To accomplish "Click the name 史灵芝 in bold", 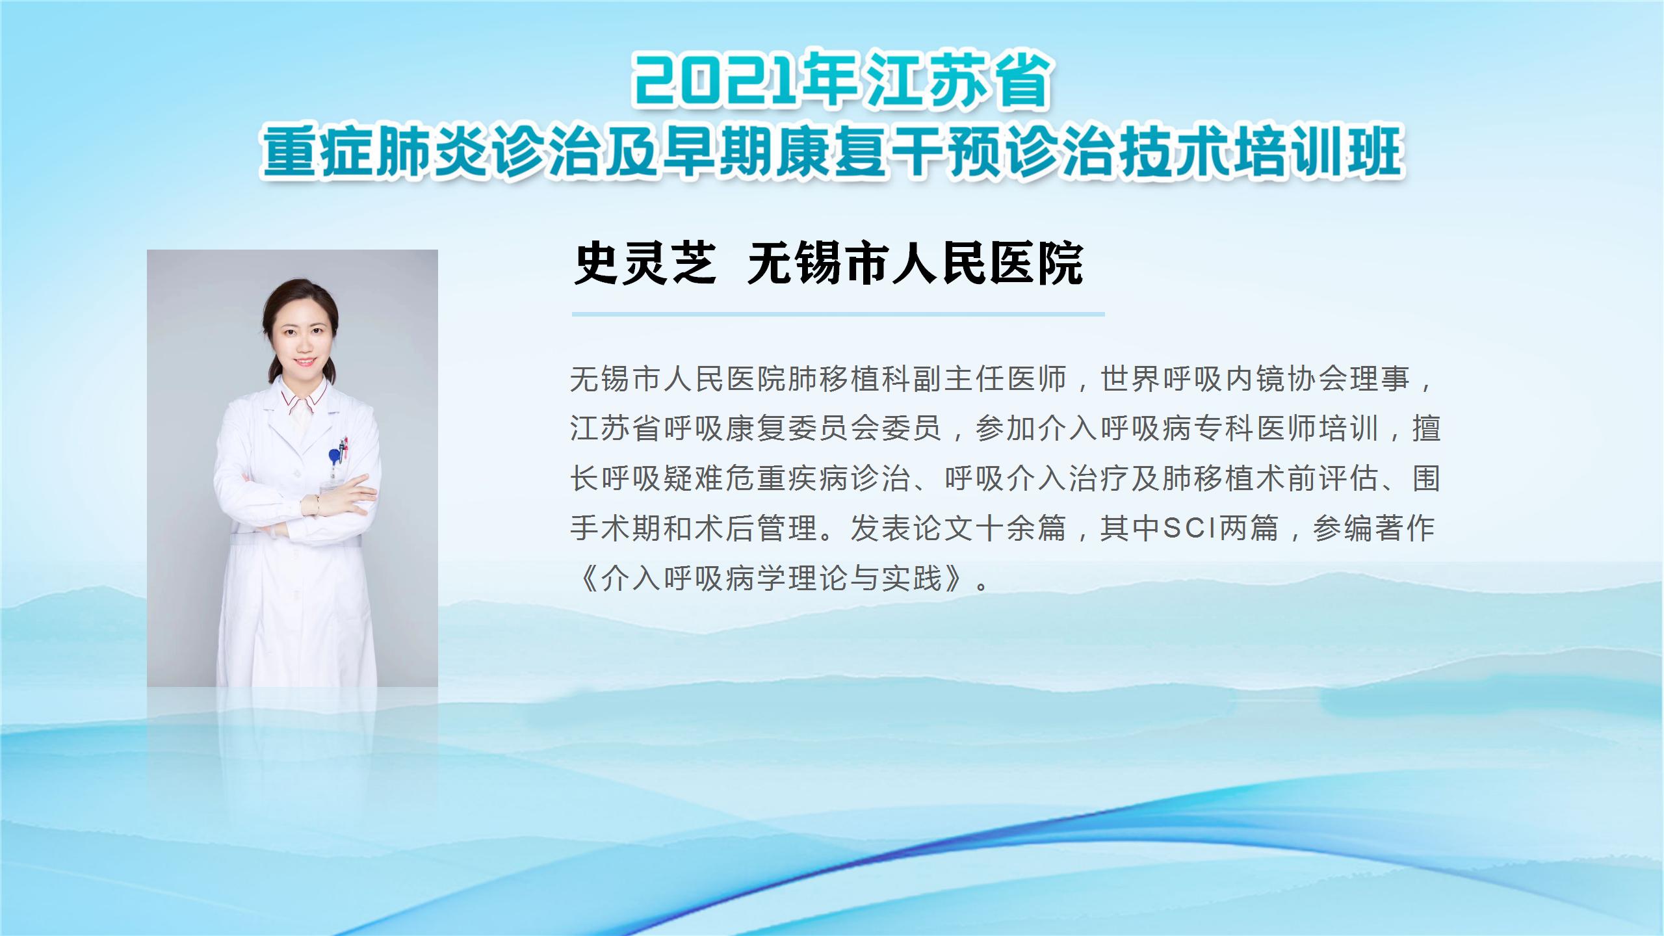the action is [645, 263].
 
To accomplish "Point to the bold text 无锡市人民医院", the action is [915, 263].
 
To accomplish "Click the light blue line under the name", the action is [838, 314].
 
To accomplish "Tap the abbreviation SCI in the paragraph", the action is [1189, 528].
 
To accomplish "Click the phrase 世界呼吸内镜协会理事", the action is [1254, 379].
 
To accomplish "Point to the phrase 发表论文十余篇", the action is [957, 528].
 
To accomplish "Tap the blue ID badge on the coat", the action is [334, 455].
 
